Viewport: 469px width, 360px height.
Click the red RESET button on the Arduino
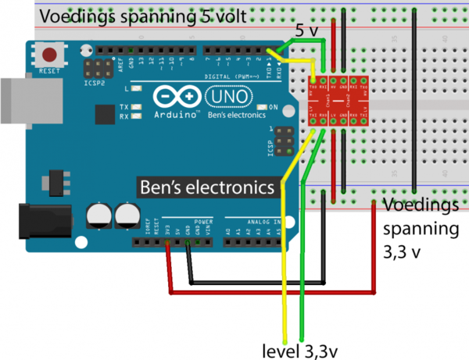tap(52, 55)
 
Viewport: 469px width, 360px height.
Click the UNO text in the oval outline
tap(228, 96)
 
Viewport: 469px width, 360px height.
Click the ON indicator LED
tap(263, 106)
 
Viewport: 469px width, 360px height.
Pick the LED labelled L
tap(137, 90)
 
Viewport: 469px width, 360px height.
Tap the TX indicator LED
tap(137, 108)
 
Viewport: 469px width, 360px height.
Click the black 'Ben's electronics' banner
tap(207, 187)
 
